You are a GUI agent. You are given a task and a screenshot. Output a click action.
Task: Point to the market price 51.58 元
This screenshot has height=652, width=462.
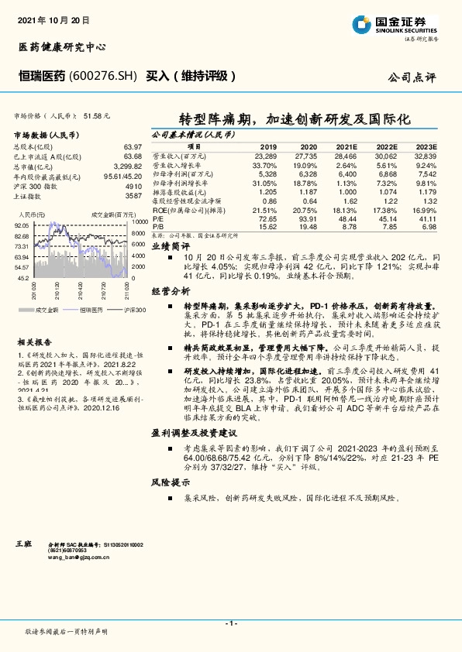[95, 115]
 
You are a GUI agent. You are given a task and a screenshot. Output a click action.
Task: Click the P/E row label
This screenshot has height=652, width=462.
[158, 220]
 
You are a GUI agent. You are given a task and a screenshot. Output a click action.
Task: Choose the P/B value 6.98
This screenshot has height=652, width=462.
[428, 227]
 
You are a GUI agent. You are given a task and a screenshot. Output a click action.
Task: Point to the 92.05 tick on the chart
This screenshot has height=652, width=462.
[21, 225]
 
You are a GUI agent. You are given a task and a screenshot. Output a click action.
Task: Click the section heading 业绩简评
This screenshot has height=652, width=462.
[170, 245]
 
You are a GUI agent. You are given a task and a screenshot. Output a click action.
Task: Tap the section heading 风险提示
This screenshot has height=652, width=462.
[170, 482]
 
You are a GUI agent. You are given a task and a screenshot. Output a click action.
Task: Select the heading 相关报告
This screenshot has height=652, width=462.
[35, 341]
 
